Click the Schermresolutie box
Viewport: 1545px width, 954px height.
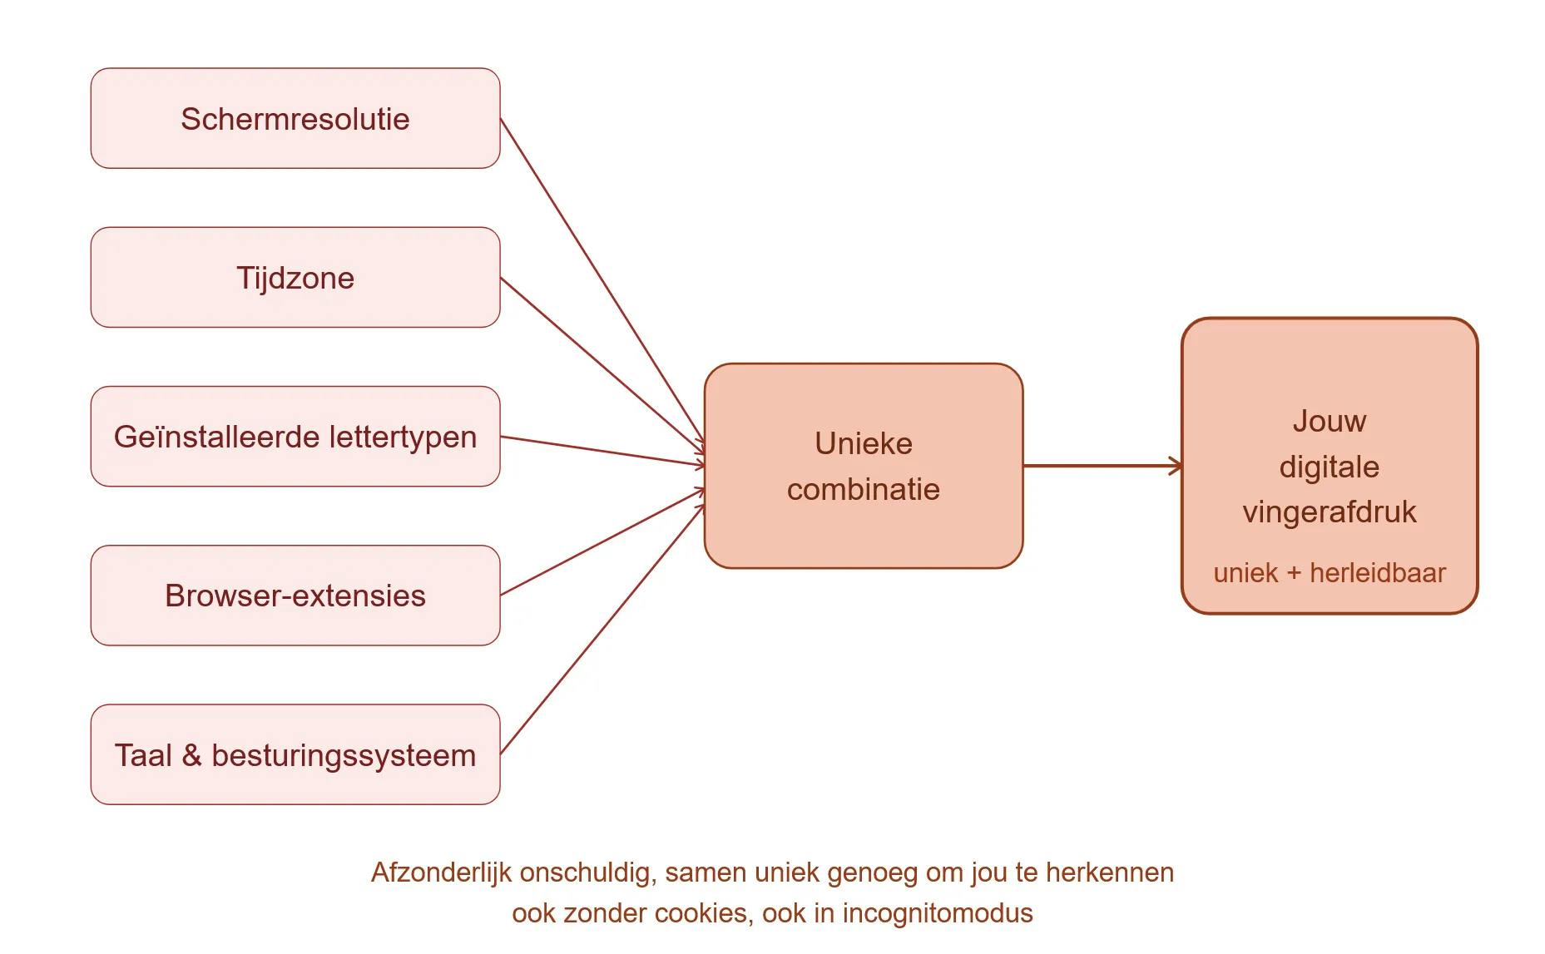pos(295,119)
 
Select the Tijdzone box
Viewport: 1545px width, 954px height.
pos(295,278)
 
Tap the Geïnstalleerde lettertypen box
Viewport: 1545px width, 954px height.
pos(295,437)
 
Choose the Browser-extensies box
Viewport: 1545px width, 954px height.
pos(295,596)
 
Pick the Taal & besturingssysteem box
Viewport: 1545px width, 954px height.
pos(295,755)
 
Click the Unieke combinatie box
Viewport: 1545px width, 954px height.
pos(863,466)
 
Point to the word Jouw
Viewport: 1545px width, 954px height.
pos(1329,421)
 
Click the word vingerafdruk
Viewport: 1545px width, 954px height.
pos(1329,512)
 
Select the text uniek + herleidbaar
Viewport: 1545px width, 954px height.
pos(1329,573)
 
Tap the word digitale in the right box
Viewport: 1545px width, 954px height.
pos(1329,467)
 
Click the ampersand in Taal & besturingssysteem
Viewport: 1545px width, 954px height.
pos(191,755)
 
